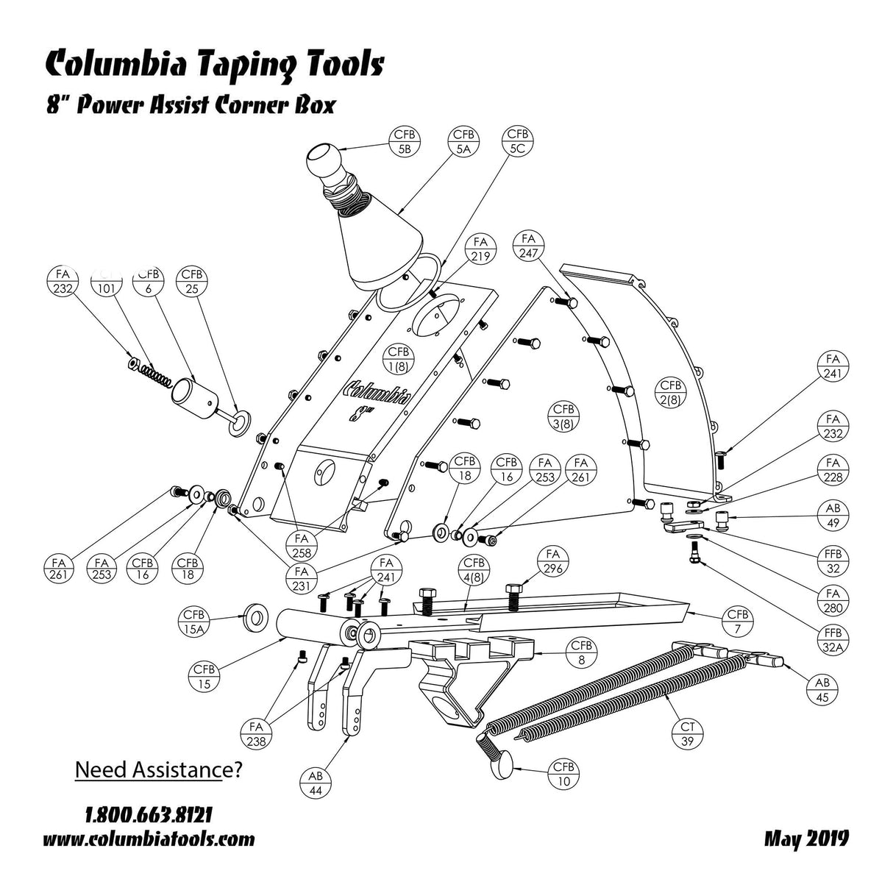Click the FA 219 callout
click(x=481, y=250)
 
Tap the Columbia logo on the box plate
click(x=377, y=392)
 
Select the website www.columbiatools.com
click(x=149, y=839)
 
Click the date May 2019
click(x=806, y=838)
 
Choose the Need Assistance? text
click(x=159, y=770)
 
